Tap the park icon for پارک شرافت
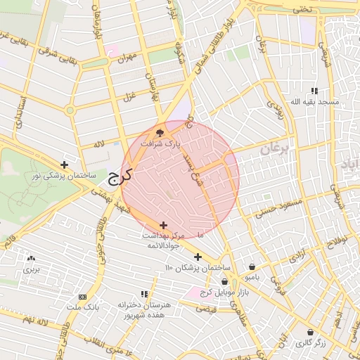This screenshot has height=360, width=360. tap(160, 131)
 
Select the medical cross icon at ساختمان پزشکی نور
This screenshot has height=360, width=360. tap(65, 164)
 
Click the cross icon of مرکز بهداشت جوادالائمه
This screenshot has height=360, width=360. tap(164, 224)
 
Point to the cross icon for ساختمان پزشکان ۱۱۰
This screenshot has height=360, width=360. tap(198, 257)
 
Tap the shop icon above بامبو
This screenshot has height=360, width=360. tap(252, 267)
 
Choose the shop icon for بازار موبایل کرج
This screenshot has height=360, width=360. tap(224, 281)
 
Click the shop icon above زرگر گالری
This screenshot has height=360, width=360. tap(310, 332)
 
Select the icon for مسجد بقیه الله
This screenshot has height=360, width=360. tap(314, 91)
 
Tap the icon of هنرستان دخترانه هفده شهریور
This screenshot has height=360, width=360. tap(145, 294)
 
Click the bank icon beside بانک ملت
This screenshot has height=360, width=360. tap(83, 297)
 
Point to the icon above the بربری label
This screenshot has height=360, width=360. tap(30, 258)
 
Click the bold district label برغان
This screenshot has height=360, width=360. tap(275, 149)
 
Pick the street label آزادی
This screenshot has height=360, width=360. tap(297, 255)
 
